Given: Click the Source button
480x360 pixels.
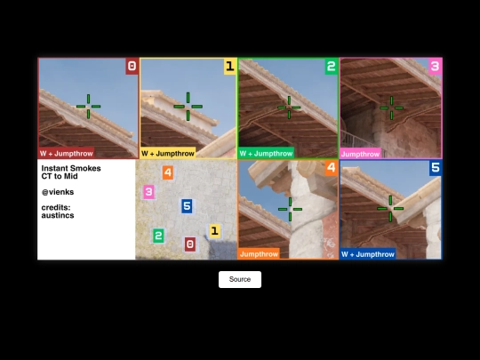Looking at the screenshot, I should (240, 279).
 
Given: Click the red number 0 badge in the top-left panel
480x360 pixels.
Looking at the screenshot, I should (132, 66).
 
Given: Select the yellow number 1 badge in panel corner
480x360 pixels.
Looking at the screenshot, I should (229, 66).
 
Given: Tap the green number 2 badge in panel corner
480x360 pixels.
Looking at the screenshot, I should (331, 66).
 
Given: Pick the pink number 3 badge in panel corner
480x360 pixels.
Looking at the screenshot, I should (435, 66).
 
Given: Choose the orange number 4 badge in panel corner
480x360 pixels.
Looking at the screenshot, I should (331, 167).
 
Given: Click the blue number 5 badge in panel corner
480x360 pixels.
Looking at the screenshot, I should (435, 167).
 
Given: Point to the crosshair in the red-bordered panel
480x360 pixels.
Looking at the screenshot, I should (88, 107).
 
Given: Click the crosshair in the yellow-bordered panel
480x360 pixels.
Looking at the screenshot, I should (188, 107).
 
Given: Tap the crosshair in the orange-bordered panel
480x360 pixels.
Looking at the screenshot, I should (290, 209).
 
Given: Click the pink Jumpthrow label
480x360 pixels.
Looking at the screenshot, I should (360, 154).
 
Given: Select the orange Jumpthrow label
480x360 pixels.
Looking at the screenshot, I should (259, 254).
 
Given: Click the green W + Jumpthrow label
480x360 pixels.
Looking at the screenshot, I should (266, 154).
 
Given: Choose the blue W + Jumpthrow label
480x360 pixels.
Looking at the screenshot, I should (367, 254).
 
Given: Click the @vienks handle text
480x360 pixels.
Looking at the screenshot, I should (59, 192).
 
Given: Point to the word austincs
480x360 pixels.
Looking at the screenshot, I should (57, 216).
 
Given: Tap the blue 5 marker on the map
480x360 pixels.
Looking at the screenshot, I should (187, 206).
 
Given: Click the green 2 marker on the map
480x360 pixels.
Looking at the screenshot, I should (158, 236).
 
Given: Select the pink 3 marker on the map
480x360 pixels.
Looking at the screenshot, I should (148, 191).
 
